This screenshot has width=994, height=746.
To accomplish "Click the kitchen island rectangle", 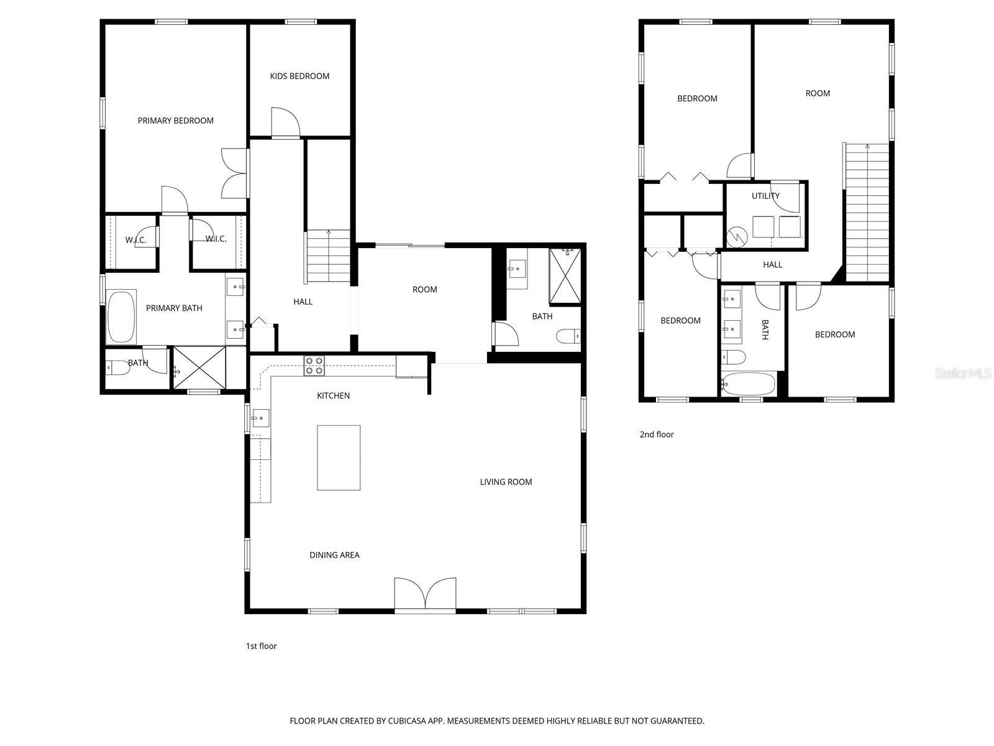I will pyautogui.click(x=339, y=458).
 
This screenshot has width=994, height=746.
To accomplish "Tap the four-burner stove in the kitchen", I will pyautogui.click(x=314, y=366).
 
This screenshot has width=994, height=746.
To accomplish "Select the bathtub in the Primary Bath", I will pyautogui.click(x=121, y=317).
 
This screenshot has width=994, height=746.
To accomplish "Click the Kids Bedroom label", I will pyautogui.click(x=299, y=76).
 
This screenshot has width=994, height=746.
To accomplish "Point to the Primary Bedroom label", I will pyautogui.click(x=176, y=121).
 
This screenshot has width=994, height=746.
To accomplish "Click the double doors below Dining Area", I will pyautogui.click(x=426, y=595).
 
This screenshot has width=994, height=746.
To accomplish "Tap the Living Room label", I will pyautogui.click(x=506, y=482).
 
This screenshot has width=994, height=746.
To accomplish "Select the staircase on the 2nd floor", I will pyautogui.click(x=867, y=211).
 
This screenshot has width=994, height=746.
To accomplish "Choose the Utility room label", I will pyautogui.click(x=765, y=196).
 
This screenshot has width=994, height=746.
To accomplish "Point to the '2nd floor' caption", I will pyautogui.click(x=657, y=435).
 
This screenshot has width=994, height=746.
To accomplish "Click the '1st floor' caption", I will pyautogui.click(x=261, y=646).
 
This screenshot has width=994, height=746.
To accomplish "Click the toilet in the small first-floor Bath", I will pyautogui.click(x=118, y=369).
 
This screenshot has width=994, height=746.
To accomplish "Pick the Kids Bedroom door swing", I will pyautogui.click(x=285, y=122).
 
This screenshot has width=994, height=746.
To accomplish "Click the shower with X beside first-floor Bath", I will pyautogui.click(x=199, y=368).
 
